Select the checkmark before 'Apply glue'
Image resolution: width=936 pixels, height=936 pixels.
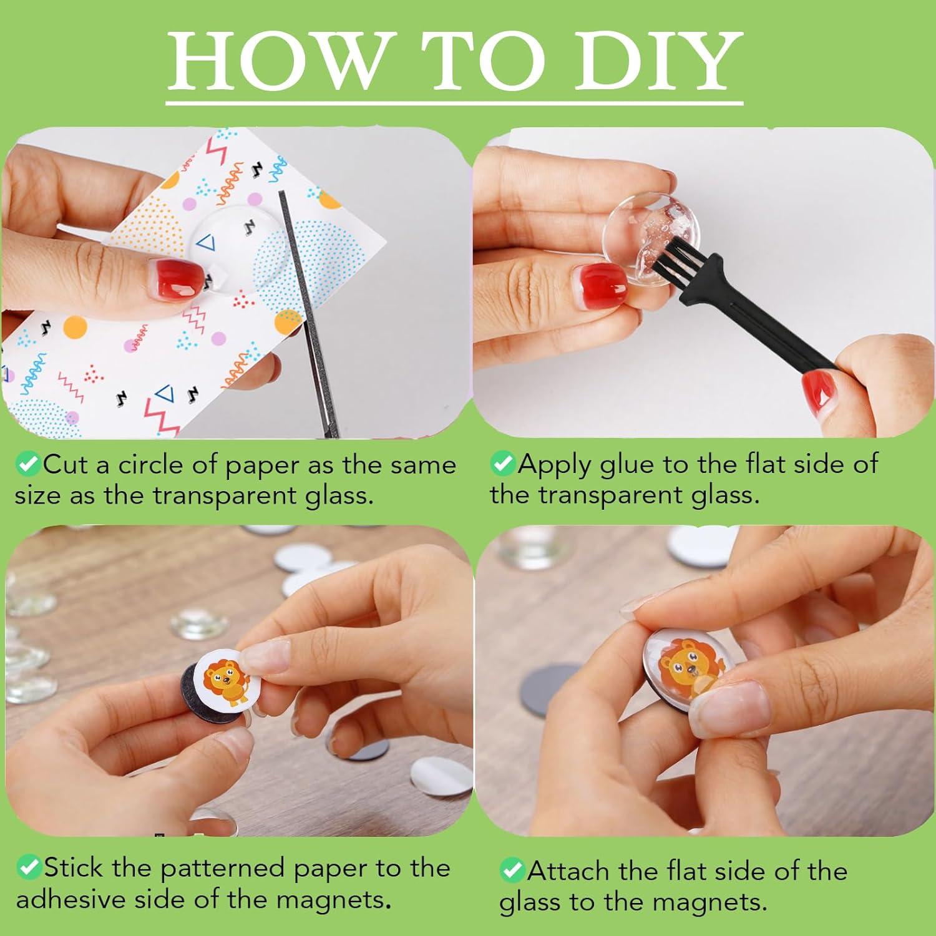click(502, 464)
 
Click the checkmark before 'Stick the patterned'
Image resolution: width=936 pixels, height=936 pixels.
click(28, 867)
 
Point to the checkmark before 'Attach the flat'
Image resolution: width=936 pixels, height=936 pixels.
click(512, 870)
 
